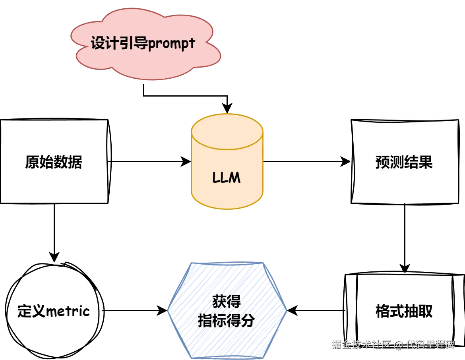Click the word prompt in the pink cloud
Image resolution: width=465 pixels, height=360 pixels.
[171, 44]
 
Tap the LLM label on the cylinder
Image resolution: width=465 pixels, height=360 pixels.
[227, 177]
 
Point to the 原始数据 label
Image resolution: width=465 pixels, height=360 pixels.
[54, 162]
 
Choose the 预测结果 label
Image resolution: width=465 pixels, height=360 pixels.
[404, 162]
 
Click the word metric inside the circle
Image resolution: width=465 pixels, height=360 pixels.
[68, 311]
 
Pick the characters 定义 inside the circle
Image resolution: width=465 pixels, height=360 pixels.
[32, 311]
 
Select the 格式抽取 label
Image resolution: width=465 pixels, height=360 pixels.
[404, 311]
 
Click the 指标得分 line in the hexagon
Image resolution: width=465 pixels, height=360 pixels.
[227, 320]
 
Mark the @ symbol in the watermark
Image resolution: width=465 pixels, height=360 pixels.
[398, 344]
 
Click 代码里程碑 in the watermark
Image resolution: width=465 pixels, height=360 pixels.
[430, 344]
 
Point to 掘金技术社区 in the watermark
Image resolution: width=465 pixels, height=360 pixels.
[362, 344]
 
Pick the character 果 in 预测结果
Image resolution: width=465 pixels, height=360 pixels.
[425, 162]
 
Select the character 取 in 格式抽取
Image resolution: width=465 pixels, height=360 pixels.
[425, 311]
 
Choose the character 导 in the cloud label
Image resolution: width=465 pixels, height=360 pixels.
[141, 43]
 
